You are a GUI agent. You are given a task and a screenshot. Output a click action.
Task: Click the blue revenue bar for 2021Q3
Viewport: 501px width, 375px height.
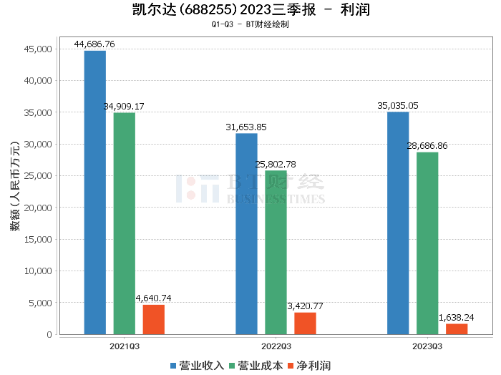coord(94,193)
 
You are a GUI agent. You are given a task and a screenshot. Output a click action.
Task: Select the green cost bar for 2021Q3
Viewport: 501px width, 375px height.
coord(124,223)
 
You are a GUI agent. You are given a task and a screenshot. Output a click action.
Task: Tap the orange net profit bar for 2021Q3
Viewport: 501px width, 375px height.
coord(153,319)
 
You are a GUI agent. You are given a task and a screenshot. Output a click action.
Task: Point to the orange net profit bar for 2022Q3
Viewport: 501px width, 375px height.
coord(305,323)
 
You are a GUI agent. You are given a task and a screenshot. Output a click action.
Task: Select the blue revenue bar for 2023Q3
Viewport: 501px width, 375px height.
coord(398,223)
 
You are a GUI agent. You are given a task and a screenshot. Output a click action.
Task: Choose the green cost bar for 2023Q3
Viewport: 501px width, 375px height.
coord(427,243)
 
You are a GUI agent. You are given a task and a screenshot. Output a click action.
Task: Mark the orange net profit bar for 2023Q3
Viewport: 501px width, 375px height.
coord(457,328)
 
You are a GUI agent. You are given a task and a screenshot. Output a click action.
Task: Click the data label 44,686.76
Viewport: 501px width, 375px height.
coord(94,44)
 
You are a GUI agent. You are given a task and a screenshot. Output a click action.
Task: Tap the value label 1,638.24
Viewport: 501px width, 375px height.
coord(457,317)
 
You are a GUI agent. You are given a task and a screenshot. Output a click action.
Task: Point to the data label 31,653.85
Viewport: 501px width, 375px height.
coord(246,127)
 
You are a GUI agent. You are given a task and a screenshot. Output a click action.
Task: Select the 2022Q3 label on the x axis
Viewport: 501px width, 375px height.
coord(276,346)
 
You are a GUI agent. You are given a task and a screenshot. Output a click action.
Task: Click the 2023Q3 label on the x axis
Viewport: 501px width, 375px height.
coord(427,346)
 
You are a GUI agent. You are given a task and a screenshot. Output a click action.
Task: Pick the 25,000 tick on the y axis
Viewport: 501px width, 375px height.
coord(39,176)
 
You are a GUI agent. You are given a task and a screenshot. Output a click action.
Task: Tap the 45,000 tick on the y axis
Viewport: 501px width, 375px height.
coord(39,49)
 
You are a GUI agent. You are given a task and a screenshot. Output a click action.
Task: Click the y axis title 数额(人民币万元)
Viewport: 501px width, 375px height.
coord(14,193)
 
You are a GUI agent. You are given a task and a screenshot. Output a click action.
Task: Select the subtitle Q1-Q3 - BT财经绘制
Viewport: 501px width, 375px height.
coord(250,24)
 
